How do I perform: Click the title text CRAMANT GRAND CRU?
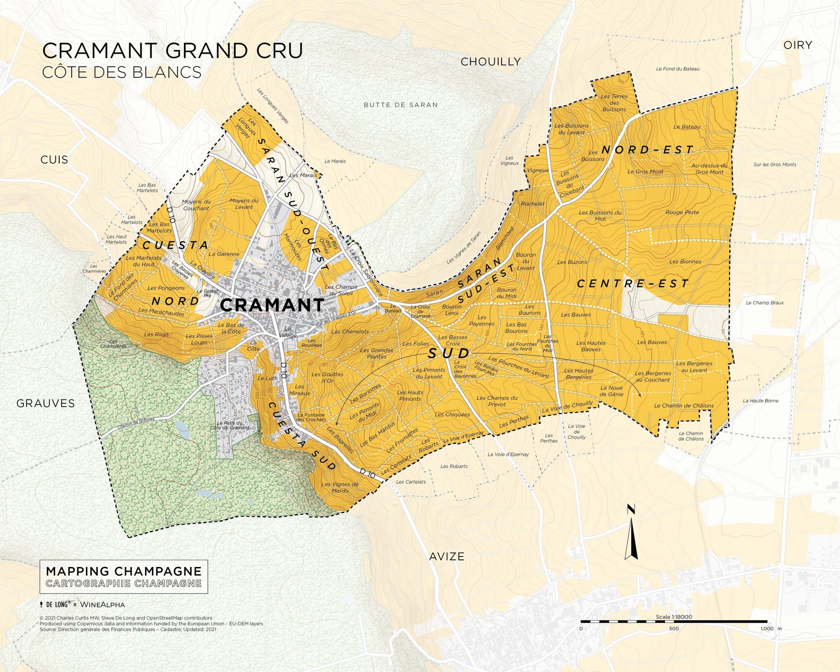[x=172, y=51]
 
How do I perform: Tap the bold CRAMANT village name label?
[x=272, y=305]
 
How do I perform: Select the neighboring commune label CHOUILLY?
[x=491, y=62]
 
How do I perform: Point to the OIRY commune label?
[x=798, y=45]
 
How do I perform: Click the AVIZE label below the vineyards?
[x=446, y=556]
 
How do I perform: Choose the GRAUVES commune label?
[x=45, y=404]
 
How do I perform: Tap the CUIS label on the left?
[x=54, y=160]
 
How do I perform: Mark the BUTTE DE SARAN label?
[x=401, y=105]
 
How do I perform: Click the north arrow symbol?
[x=631, y=533]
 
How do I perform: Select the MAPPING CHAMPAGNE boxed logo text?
[x=123, y=571]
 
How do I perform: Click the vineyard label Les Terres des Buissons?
[x=614, y=103]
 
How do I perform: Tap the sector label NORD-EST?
[x=647, y=150]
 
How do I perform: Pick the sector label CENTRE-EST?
[x=633, y=284]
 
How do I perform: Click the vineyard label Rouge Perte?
[x=682, y=213]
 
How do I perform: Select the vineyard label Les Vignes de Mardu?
[x=340, y=487]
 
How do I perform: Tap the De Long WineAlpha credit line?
[x=82, y=605]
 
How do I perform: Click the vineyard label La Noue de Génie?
[x=612, y=391]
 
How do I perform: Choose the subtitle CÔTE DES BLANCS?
[x=122, y=72]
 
